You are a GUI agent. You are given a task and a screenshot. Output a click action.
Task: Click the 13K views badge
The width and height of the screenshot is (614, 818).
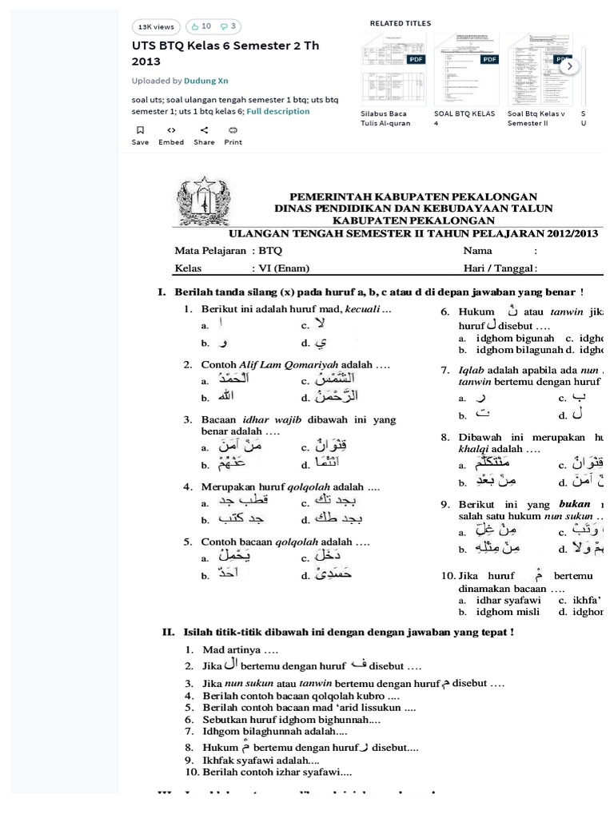156,26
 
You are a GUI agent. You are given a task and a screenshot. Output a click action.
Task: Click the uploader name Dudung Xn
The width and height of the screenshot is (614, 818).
207,81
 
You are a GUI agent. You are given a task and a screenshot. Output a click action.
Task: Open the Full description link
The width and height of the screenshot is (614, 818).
277,112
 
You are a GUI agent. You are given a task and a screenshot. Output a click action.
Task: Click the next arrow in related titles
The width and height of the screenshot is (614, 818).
568,67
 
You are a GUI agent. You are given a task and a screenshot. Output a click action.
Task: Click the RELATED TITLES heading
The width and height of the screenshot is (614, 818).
400,24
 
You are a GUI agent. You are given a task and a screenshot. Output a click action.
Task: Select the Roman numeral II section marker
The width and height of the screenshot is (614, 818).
168,633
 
